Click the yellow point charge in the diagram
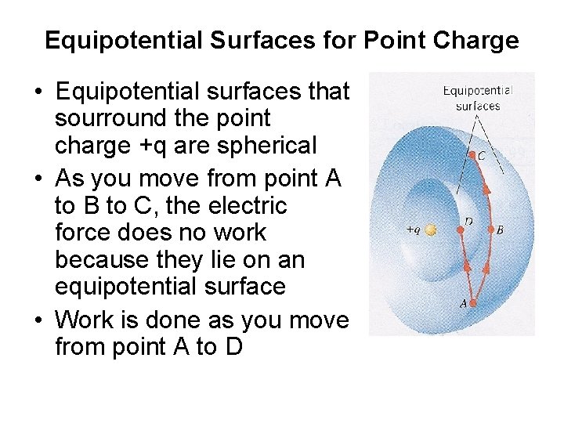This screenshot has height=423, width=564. click(x=430, y=230)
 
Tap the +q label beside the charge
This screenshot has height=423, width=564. click(x=413, y=230)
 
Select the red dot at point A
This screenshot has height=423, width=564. click(x=474, y=293)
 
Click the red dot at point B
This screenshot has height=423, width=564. click(x=490, y=230)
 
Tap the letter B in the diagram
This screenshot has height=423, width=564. click(x=501, y=230)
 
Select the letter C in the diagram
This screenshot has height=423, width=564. click(x=482, y=156)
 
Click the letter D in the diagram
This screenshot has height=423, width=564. click(x=468, y=220)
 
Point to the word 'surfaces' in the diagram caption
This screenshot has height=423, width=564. click(x=477, y=106)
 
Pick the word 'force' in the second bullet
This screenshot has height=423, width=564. click(x=83, y=233)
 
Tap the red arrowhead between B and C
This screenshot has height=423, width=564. click(x=486, y=188)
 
